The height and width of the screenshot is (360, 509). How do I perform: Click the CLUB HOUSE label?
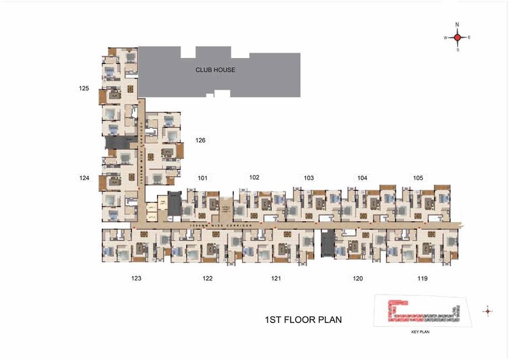pyautogui.click(x=215, y=69)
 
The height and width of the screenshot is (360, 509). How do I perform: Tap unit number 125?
pyautogui.click(x=84, y=88)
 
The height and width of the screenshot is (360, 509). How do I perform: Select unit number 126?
pyautogui.click(x=200, y=140)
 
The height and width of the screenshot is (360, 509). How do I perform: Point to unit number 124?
pyautogui.click(x=84, y=178)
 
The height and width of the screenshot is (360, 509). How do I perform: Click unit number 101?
pyautogui.click(x=203, y=178)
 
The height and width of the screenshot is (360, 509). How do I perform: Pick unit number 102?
pyautogui.click(x=254, y=177)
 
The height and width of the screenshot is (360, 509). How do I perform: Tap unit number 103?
pyautogui.click(x=309, y=178)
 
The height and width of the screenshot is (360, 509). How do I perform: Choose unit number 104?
pyautogui.click(x=363, y=178)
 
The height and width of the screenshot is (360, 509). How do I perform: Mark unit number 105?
pyautogui.click(x=418, y=178)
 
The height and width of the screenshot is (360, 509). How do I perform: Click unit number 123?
pyautogui.click(x=136, y=278)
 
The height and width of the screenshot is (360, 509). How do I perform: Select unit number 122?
pyautogui.click(x=208, y=278)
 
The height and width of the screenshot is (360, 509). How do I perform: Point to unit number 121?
pyautogui.click(x=276, y=278)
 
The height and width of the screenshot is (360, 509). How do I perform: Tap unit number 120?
pyautogui.click(x=358, y=278)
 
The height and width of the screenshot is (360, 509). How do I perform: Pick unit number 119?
pyautogui.click(x=423, y=278)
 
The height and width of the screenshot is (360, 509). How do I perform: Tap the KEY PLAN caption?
pyautogui.click(x=420, y=332)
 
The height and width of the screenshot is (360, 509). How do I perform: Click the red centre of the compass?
pyautogui.click(x=457, y=38)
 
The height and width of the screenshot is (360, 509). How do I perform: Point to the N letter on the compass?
pyautogui.click(x=457, y=24)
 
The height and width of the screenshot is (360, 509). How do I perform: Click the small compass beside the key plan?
pyautogui.click(x=487, y=311)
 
